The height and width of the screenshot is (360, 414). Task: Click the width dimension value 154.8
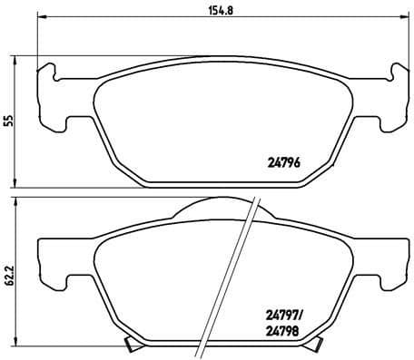pyautogui.click(x=222, y=11)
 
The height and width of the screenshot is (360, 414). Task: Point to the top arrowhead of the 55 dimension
pyautogui.click(x=19, y=57)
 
